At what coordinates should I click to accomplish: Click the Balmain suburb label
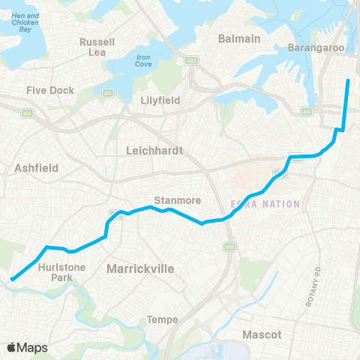click(x=238, y=38)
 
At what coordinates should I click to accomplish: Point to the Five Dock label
click(x=50, y=91)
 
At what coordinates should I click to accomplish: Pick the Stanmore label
click(x=174, y=200)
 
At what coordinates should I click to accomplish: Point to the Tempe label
click(x=163, y=319)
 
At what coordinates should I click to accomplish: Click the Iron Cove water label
click(x=143, y=60)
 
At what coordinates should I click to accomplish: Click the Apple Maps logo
click(x=28, y=346)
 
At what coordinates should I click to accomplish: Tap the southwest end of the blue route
click(x=12, y=280)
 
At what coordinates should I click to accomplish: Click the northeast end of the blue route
click(x=349, y=80)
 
